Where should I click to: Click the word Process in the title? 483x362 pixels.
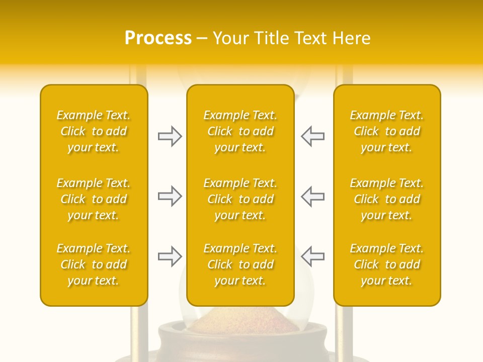158,38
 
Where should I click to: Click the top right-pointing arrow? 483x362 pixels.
170,136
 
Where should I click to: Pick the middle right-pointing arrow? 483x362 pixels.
170,196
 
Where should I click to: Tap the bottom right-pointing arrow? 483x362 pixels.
170,256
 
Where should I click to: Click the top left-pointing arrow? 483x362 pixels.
312,136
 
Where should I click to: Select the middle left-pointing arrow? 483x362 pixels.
312,196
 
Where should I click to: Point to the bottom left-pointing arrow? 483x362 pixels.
312,256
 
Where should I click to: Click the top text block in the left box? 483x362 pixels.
94,131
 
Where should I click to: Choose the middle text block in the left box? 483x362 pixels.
94,199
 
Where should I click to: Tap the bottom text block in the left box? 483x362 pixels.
94,264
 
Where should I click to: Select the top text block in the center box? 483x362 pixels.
240,131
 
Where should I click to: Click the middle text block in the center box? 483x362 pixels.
240,199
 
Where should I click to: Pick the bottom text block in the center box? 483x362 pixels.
240,264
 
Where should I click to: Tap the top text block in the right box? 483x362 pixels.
387,131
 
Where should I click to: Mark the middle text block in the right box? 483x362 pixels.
387,199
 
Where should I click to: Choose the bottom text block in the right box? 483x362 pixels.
387,264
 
